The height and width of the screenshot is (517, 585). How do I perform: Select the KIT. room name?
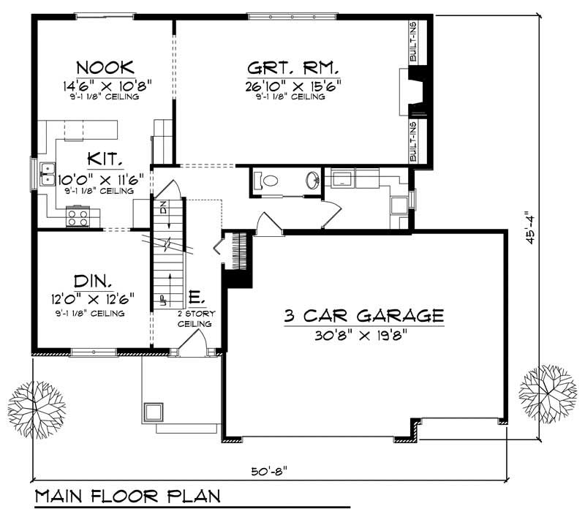coord(105,159)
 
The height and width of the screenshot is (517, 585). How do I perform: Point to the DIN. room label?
coord(93,282)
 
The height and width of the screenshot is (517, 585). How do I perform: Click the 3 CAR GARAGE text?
coord(363,316)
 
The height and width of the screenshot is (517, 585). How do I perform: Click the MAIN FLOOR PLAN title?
coord(128,497)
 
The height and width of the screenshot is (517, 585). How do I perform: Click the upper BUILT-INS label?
coord(414,42)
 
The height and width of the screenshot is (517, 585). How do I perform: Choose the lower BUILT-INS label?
coord(414,141)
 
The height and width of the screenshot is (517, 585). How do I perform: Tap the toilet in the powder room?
coord(267,180)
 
